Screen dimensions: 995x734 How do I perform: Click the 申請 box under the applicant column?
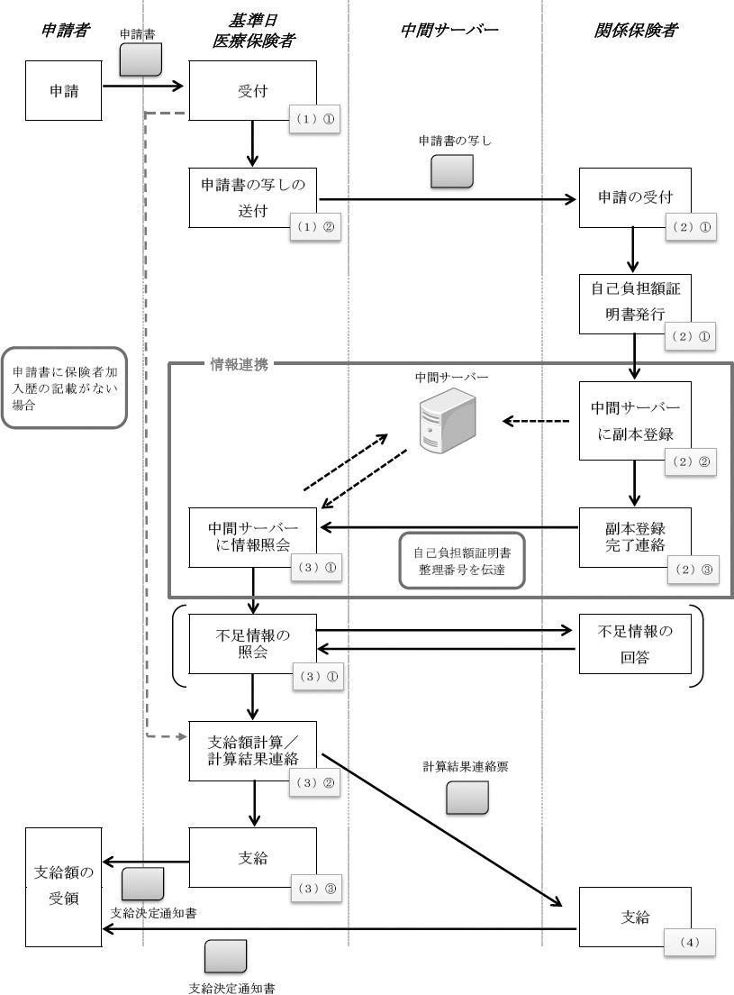click(x=63, y=90)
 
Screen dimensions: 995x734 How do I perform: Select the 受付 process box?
click(x=252, y=90)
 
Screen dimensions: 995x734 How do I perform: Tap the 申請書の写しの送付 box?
click(x=253, y=197)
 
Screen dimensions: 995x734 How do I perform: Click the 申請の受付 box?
click(x=635, y=197)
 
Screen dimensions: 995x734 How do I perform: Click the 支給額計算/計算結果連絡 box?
click(x=253, y=751)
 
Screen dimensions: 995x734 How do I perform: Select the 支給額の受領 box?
click(x=63, y=883)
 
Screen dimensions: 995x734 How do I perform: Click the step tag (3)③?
click(x=316, y=888)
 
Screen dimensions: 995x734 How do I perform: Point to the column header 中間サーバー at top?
click(x=449, y=32)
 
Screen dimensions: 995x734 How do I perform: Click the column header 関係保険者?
click(x=636, y=32)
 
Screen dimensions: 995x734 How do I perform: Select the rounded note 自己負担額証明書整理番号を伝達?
click(x=462, y=565)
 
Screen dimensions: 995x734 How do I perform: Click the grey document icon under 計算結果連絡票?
click(x=467, y=798)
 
